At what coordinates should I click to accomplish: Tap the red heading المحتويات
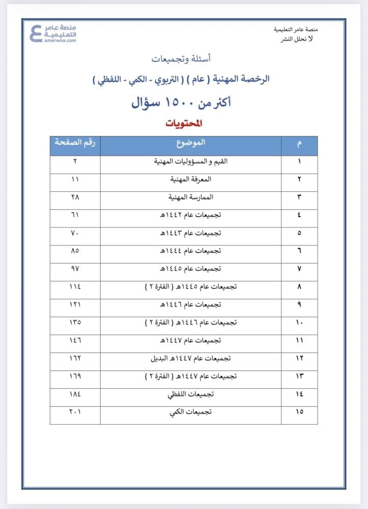[x=184, y=124]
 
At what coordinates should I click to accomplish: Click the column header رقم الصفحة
[x=75, y=145]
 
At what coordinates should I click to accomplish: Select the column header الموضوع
[x=191, y=145]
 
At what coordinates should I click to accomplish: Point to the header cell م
[x=299, y=145]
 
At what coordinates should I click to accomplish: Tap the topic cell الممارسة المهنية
[x=191, y=197]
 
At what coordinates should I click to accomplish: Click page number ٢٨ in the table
[x=75, y=197]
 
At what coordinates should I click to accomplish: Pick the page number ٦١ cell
[x=75, y=215]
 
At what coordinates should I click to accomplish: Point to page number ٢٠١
[x=75, y=412]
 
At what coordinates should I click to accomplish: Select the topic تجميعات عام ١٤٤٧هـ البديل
[x=191, y=358]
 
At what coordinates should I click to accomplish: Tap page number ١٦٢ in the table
[x=75, y=358]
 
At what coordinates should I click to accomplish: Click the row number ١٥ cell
[x=299, y=412]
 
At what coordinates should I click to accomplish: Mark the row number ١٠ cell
[x=299, y=322]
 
